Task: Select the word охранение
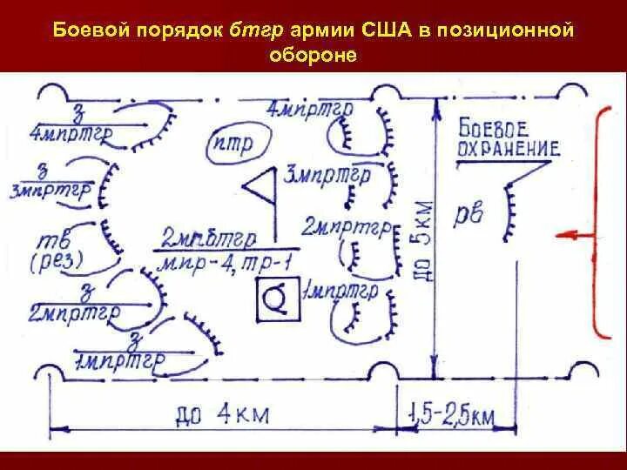coord(507,148)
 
